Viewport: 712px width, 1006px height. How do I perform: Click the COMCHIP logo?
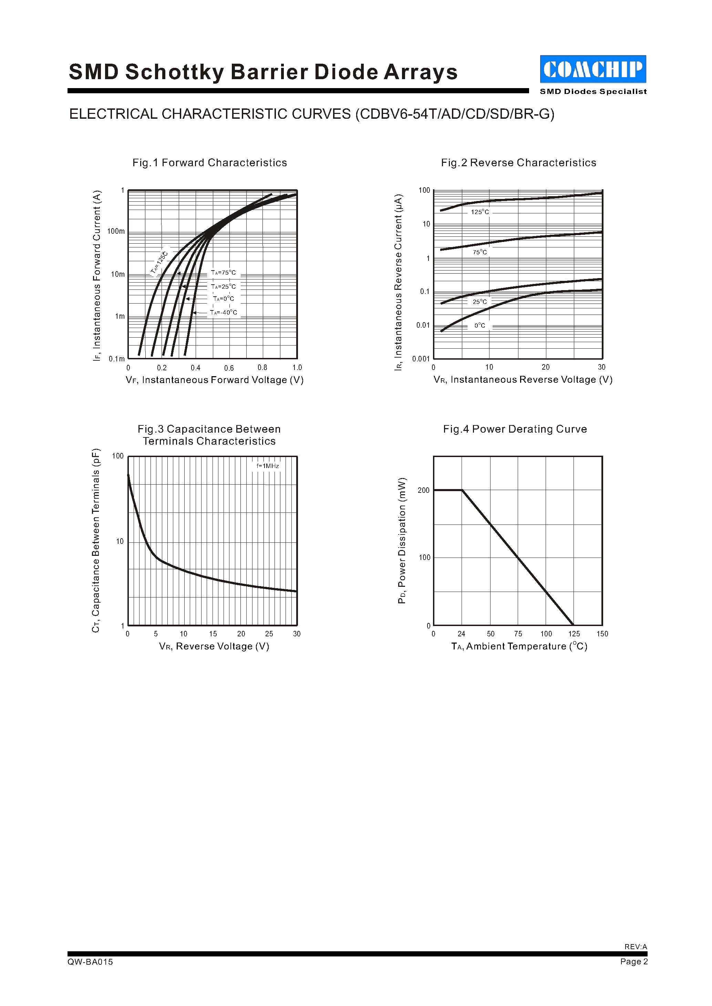coord(593,69)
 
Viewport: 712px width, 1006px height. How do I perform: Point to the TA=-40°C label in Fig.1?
coord(224,313)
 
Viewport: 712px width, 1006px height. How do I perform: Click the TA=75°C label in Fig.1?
coord(224,273)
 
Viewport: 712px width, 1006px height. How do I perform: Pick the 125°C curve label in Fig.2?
coord(479,212)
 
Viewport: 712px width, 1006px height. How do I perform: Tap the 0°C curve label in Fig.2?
coord(479,326)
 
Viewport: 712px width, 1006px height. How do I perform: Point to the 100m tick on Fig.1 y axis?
coord(116,231)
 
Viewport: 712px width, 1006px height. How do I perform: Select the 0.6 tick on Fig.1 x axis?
coord(229,368)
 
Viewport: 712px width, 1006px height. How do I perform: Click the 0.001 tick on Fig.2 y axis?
coord(421,359)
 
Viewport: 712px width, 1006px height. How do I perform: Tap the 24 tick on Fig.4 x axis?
coord(461,634)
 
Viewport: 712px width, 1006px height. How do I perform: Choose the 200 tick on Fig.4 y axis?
coord(424,490)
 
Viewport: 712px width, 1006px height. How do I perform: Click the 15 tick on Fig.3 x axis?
coord(213,634)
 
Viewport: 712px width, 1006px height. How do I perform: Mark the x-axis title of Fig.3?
coord(214,646)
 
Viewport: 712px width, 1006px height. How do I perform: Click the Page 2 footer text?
coord(633,961)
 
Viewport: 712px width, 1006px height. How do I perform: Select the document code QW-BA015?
coord(90,962)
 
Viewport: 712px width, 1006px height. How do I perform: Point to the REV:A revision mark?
coord(636,946)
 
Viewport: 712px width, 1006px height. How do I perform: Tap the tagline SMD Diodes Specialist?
coord(593,92)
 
